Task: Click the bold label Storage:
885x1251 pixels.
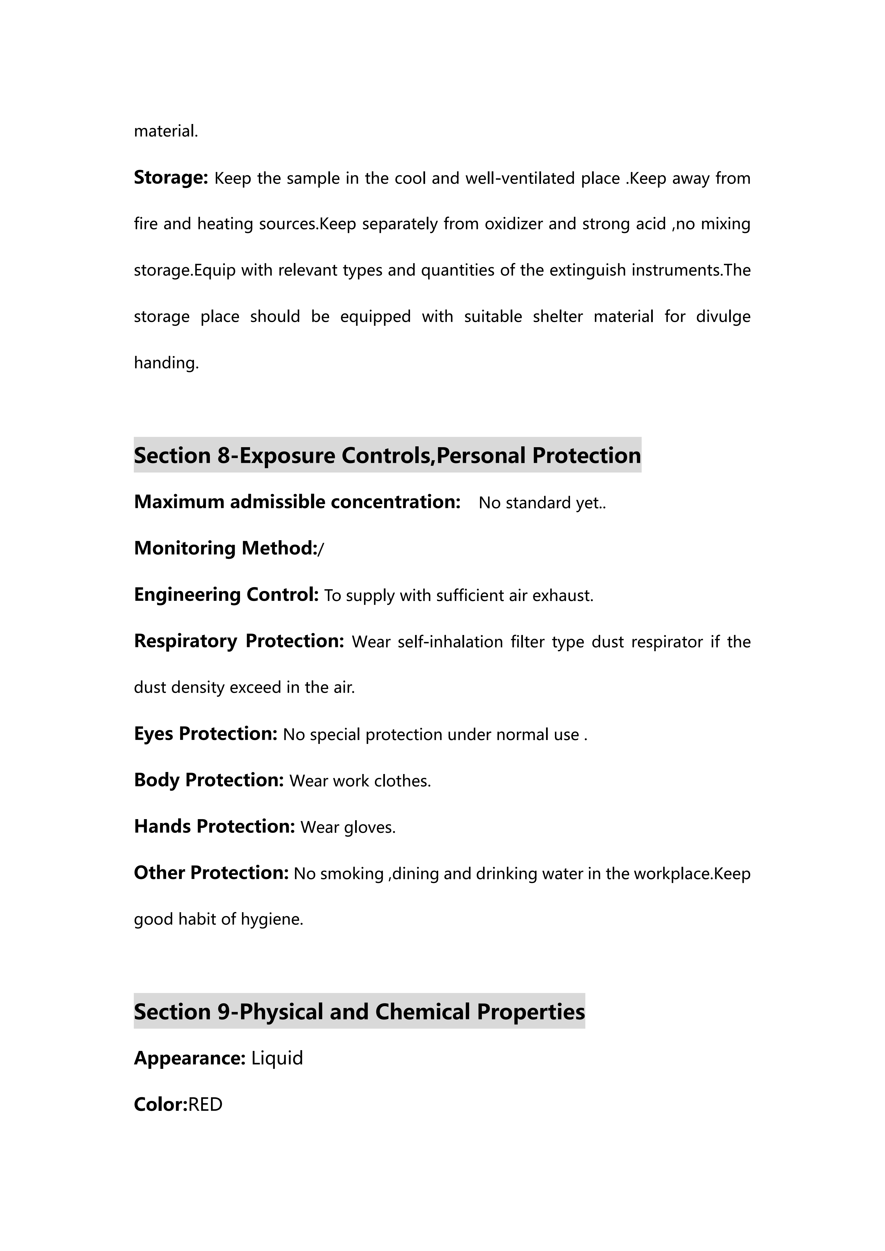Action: [171, 178]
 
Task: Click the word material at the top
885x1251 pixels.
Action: [166, 131]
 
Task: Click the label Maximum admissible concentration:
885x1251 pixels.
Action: [297, 502]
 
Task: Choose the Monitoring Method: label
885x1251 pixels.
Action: [226, 548]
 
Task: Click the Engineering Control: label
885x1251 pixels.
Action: [226, 595]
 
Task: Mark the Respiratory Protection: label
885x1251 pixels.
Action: [239, 641]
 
